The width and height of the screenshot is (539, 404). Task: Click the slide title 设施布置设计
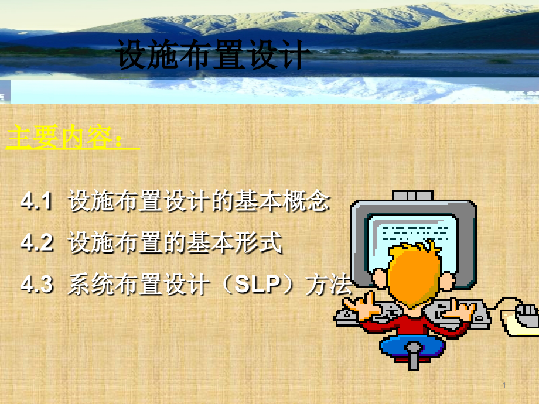(x=210, y=54)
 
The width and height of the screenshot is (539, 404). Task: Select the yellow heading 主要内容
(x=60, y=137)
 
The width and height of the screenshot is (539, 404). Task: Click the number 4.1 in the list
(x=36, y=201)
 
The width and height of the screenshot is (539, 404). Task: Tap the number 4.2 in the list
(x=37, y=242)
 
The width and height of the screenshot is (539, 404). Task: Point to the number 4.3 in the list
(x=37, y=285)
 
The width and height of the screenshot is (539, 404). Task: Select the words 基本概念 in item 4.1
(x=282, y=201)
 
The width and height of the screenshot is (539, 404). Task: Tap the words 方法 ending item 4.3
(x=329, y=285)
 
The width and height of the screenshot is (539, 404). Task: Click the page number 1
(x=504, y=385)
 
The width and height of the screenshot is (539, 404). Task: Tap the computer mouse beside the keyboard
(x=526, y=316)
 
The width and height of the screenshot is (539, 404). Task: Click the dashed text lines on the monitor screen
(x=415, y=233)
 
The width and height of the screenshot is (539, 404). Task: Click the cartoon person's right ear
(x=447, y=280)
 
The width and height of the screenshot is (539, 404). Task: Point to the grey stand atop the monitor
(x=412, y=196)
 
